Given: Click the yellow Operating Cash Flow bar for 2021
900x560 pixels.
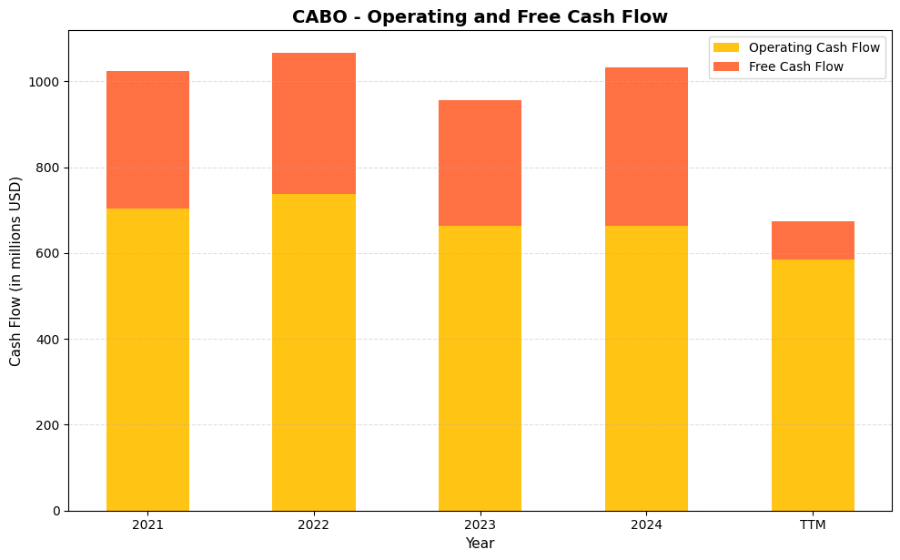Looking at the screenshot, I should point(147,360).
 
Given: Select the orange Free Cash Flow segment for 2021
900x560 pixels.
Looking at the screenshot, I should point(147,139).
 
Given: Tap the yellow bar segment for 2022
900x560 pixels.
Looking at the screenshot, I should point(313,352).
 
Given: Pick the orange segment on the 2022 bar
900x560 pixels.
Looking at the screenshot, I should point(313,123).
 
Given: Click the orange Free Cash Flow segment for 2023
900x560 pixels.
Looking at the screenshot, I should point(480,163).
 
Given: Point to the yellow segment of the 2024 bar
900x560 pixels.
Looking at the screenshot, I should point(646,368).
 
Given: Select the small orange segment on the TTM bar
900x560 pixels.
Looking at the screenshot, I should point(813,240).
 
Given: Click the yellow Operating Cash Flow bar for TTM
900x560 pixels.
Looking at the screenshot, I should point(813,385).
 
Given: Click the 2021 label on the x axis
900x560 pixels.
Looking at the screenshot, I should point(147,525).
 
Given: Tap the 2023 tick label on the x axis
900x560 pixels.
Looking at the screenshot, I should point(480,525).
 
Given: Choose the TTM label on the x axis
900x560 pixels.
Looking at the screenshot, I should point(813,525).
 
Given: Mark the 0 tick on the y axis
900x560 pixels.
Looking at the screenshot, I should point(56,511).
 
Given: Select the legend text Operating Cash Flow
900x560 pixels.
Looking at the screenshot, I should point(814,47).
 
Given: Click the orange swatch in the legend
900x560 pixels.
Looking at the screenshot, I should point(727,66).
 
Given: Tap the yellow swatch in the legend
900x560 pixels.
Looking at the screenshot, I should point(727,47).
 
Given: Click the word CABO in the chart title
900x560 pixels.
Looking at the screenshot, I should point(319,16).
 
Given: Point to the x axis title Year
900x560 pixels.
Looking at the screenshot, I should point(480,544).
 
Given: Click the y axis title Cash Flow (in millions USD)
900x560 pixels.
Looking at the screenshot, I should point(15,270).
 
